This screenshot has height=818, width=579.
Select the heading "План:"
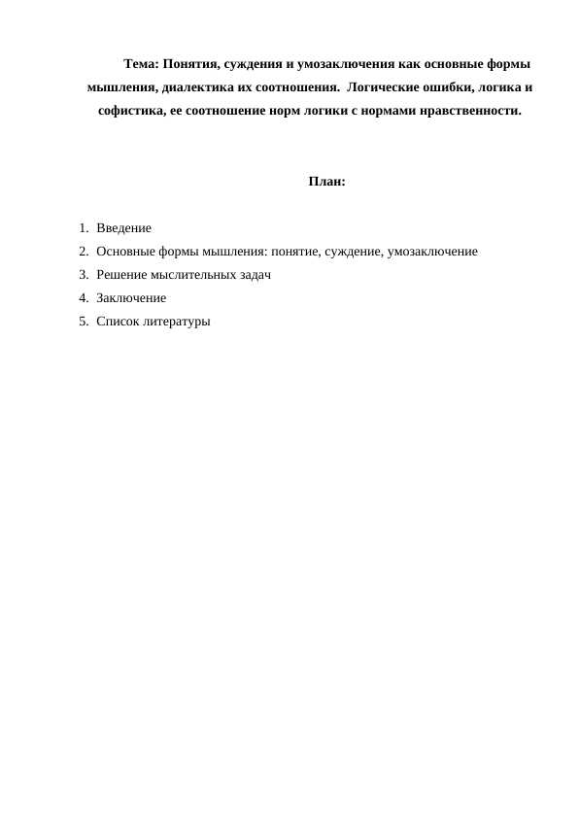[327, 182]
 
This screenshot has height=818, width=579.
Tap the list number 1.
[85, 228]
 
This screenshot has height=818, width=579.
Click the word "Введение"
[123, 228]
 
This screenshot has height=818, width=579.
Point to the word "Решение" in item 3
[122, 275]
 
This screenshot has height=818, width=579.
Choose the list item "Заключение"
[131, 298]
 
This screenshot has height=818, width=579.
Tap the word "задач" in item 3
[253, 275]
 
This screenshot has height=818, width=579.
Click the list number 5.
[85, 322]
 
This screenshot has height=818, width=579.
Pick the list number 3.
[85, 275]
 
